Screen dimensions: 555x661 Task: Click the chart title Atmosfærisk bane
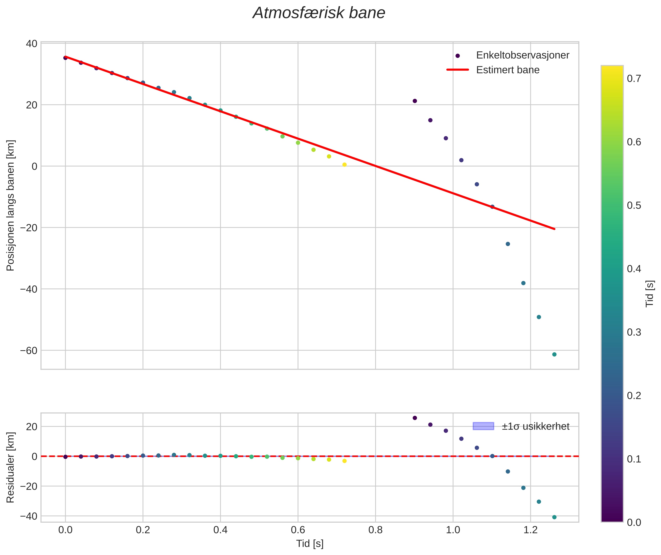pos(319,13)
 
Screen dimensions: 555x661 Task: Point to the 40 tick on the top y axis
pos(31,43)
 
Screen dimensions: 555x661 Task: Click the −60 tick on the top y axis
pos(29,350)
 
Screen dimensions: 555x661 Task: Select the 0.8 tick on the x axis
pos(375,530)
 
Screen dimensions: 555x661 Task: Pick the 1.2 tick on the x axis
pos(530,530)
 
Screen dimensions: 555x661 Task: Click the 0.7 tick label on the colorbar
pos(634,78)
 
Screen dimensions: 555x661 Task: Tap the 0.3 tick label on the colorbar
pos(634,332)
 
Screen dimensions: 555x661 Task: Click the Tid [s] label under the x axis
pos(310,544)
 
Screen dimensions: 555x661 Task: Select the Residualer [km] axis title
pos(10,468)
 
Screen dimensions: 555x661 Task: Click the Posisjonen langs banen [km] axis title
pos(10,205)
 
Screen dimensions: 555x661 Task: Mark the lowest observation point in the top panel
pos(554,355)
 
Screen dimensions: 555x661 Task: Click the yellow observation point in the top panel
pos(344,165)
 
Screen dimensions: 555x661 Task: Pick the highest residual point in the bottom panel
pos(415,418)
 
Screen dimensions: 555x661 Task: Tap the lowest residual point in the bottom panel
pos(554,517)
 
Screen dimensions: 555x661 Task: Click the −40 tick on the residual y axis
pos(29,516)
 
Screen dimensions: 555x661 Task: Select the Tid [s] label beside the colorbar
pos(650,294)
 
